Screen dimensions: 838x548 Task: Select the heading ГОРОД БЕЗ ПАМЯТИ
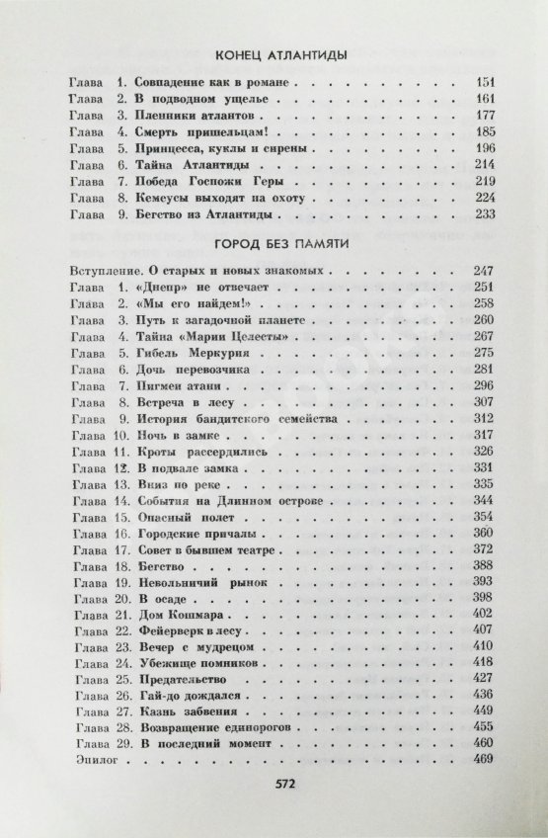tap(274, 244)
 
